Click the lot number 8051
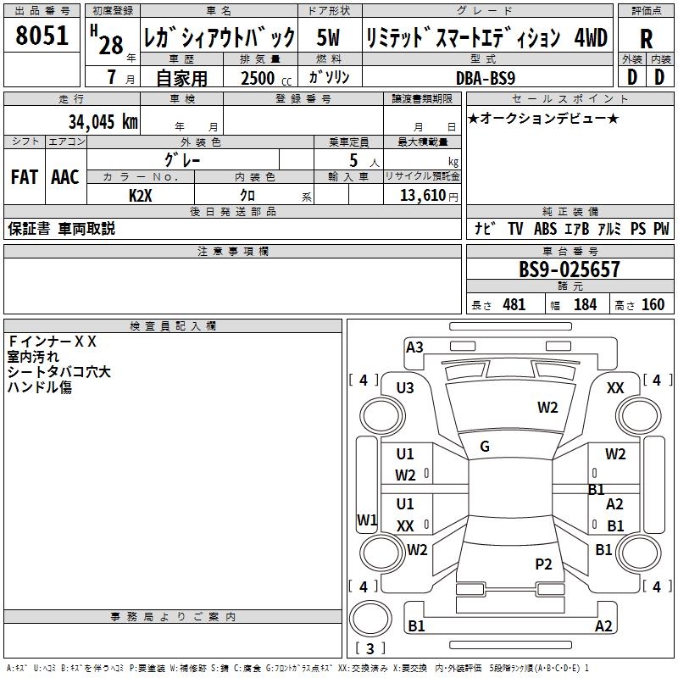pos(42,36)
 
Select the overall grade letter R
pos(646,39)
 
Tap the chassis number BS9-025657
pos(570,270)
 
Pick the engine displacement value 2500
pos(258,78)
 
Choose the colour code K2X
pos(141,194)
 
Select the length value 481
pos(514,305)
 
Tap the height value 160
pos(653,305)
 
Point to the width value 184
pos(585,305)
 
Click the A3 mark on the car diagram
pos(414,347)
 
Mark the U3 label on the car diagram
pos(405,387)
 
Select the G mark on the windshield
pos(485,446)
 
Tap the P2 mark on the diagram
pos(544,564)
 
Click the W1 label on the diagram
pos(367,520)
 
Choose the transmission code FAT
pos(25,177)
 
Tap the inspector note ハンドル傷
pos(40,387)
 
